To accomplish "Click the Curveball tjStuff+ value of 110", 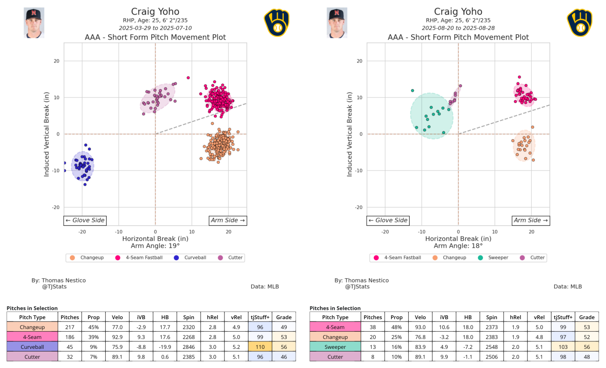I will point(260,347).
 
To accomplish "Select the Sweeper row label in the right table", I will point(335,347).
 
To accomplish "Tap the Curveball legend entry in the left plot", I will point(190,258).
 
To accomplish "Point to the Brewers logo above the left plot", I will point(276,23).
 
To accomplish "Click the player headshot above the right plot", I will point(337,23).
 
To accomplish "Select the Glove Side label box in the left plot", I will point(85,220).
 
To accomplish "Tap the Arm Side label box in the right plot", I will point(531,220).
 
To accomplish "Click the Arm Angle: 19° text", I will point(155,246).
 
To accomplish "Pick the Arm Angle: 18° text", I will point(458,246).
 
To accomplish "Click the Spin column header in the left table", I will point(189,317).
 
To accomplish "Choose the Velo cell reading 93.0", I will point(420,327).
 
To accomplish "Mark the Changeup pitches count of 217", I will point(70,327).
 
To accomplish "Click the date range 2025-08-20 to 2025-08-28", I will point(458,28).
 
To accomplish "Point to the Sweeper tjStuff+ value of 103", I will point(563,347).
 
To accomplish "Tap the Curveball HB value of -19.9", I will point(165,347).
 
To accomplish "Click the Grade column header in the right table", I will point(587,317).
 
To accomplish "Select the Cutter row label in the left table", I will point(32,357).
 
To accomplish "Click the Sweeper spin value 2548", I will point(492,347).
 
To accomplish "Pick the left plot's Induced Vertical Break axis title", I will point(46,134).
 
